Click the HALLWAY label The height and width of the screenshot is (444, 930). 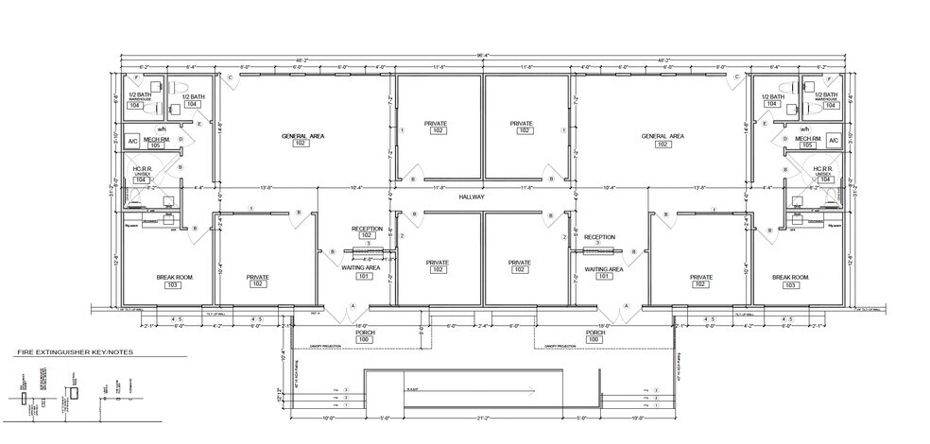click(x=472, y=196)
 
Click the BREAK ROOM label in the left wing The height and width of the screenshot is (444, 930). click(x=147, y=277)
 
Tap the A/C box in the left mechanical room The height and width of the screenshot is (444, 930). click(x=133, y=141)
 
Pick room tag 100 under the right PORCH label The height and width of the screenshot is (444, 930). click(x=595, y=340)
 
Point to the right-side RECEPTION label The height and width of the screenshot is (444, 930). click(x=600, y=237)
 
